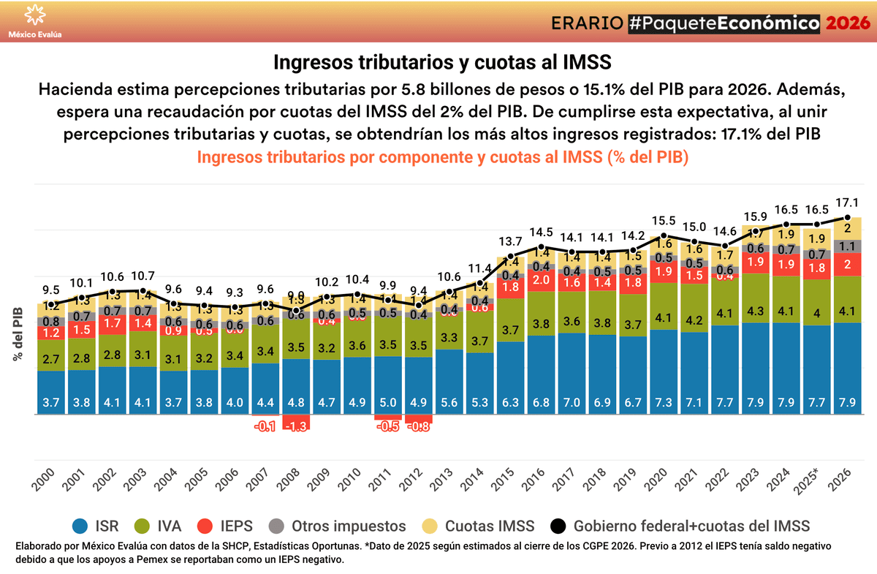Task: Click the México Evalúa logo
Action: pos(34,20)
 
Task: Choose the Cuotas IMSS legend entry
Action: pos(479,525)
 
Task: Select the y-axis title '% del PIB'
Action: pos(15,333)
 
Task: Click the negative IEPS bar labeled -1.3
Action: pos(296,423)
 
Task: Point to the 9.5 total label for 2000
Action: pos(51,290)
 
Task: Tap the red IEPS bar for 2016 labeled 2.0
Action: pos(541,279)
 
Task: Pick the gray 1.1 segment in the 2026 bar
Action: pos(847,246)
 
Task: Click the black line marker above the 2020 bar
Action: pos(663,236)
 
